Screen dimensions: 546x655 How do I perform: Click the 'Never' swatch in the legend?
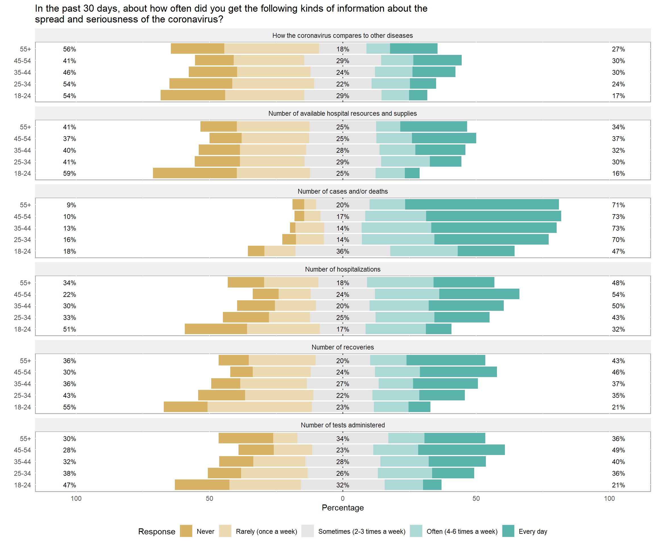[x=186, y=531]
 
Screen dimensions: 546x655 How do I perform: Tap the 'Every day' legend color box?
[x=508, y=531]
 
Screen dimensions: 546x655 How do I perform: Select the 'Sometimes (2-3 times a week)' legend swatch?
[x=307, y=531]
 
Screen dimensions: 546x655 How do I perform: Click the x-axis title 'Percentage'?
[x=343, y=508]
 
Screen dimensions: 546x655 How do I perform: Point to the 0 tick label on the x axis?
[x=343, y=498]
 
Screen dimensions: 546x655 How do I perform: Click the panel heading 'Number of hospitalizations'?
[x=343, y=269]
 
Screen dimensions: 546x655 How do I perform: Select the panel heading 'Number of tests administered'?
[x=343, y=425]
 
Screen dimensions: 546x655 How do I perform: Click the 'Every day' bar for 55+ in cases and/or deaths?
[x=482, y=204]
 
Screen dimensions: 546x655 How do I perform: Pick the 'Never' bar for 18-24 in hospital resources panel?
[x=195, y=173]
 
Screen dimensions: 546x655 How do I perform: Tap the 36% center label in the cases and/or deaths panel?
[x=343, y=251]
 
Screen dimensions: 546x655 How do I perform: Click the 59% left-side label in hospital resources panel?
[x=69, y=173]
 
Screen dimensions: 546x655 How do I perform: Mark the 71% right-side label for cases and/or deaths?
[x=618, y=205]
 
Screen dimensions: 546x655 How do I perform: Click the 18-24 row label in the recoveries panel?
[x=22, y=407]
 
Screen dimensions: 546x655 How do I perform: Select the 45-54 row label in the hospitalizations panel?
[x=22, y=295]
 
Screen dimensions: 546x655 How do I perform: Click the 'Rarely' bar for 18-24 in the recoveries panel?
[x=260, y=407]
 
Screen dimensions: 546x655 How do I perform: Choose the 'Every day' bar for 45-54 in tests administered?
[x=461, y=450]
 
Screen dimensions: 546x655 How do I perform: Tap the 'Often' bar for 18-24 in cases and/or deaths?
[x=424, y=251]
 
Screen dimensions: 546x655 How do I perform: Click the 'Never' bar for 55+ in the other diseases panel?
[x=197, y=49]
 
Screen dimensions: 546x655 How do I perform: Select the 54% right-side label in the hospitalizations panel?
[x=618, y=295]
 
